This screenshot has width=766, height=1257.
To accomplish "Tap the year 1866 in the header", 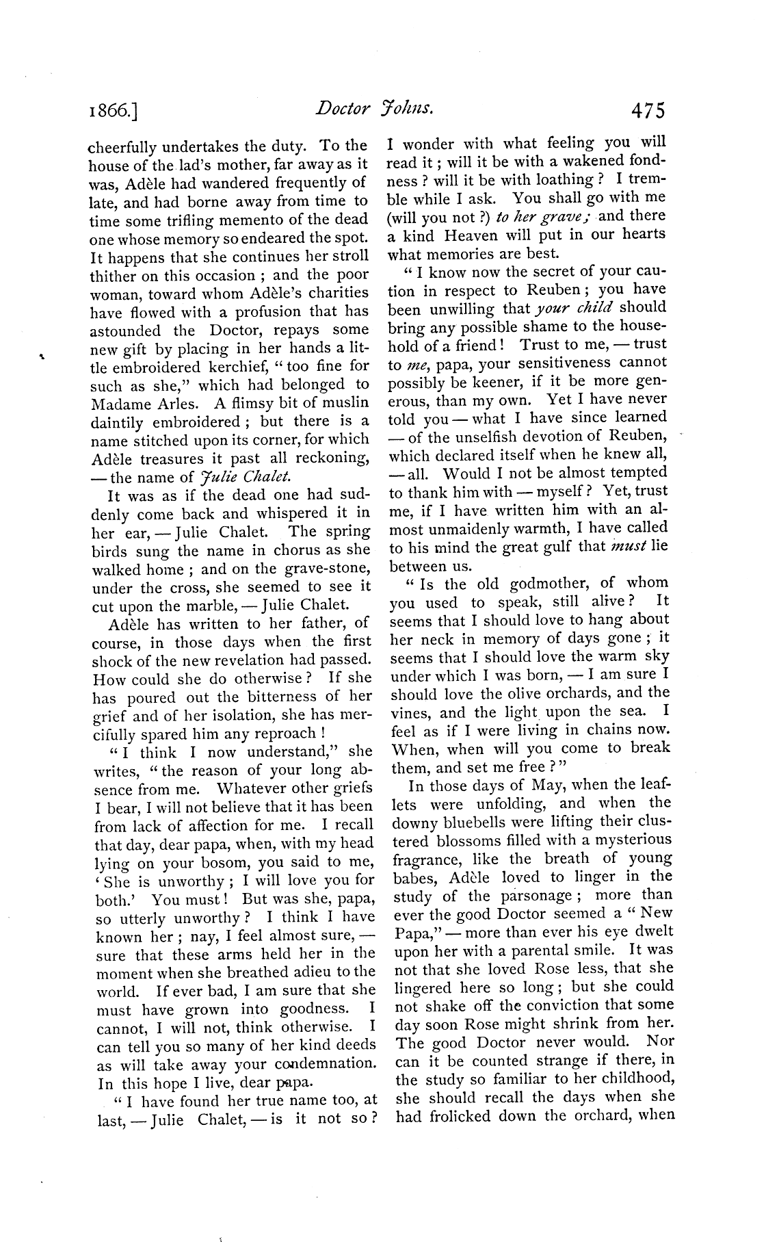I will pyautogui.click(x=113, y=110).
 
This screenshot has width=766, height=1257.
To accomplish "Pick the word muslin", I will pyautogui.click(x=345, y=402).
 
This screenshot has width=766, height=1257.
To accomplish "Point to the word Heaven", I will pyautogui.click(x=479, y=235).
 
